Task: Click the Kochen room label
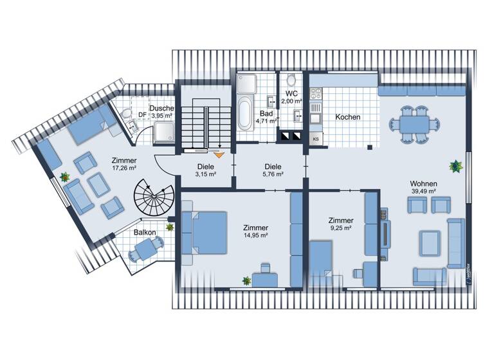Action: point(347,118)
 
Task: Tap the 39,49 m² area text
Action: point(424,191)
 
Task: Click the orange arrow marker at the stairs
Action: point(218,154)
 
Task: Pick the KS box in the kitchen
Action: point(316,139)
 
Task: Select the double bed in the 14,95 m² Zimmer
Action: point(205,233)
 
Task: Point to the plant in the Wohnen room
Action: point(456,166)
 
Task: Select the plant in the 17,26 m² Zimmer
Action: point(65,176)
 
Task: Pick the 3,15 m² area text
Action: point(205,174)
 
